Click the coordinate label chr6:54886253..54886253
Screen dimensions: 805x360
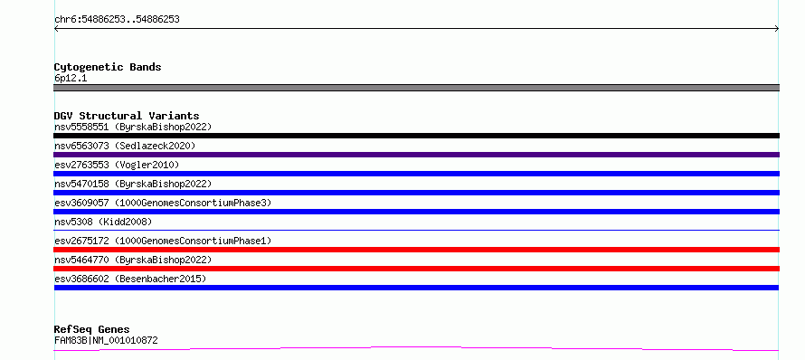click(117, 20)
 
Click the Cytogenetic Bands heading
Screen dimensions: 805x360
click(108, 67)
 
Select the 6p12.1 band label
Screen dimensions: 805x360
click(71, 79)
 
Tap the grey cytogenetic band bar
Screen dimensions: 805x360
click(416, 88)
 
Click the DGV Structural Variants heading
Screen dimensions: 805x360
click(127, 116)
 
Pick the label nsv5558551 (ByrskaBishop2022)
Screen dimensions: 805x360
click(133, 127)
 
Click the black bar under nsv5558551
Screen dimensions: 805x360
click(416, 136)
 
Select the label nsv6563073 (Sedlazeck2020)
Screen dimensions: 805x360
click(125, 146)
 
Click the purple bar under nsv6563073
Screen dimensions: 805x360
click(416, 155)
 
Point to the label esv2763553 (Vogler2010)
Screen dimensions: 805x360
click(117, 165)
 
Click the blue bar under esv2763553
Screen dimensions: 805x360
click(416, 174)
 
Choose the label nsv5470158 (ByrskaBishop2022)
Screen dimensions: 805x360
click(133, 184)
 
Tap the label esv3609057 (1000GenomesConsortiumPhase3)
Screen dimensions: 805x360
click(163, 203)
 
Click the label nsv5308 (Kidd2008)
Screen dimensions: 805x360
click(103, 222)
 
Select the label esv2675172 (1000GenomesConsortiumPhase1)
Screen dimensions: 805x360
click(163, 241)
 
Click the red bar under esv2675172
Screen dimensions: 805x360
click(416, 250)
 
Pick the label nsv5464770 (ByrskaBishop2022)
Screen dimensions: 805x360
click(133, 260)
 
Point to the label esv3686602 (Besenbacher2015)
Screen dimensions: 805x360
click(130, 279)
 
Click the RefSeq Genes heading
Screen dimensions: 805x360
click(92, 330)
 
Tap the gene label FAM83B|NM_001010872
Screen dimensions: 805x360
click(106, 340)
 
